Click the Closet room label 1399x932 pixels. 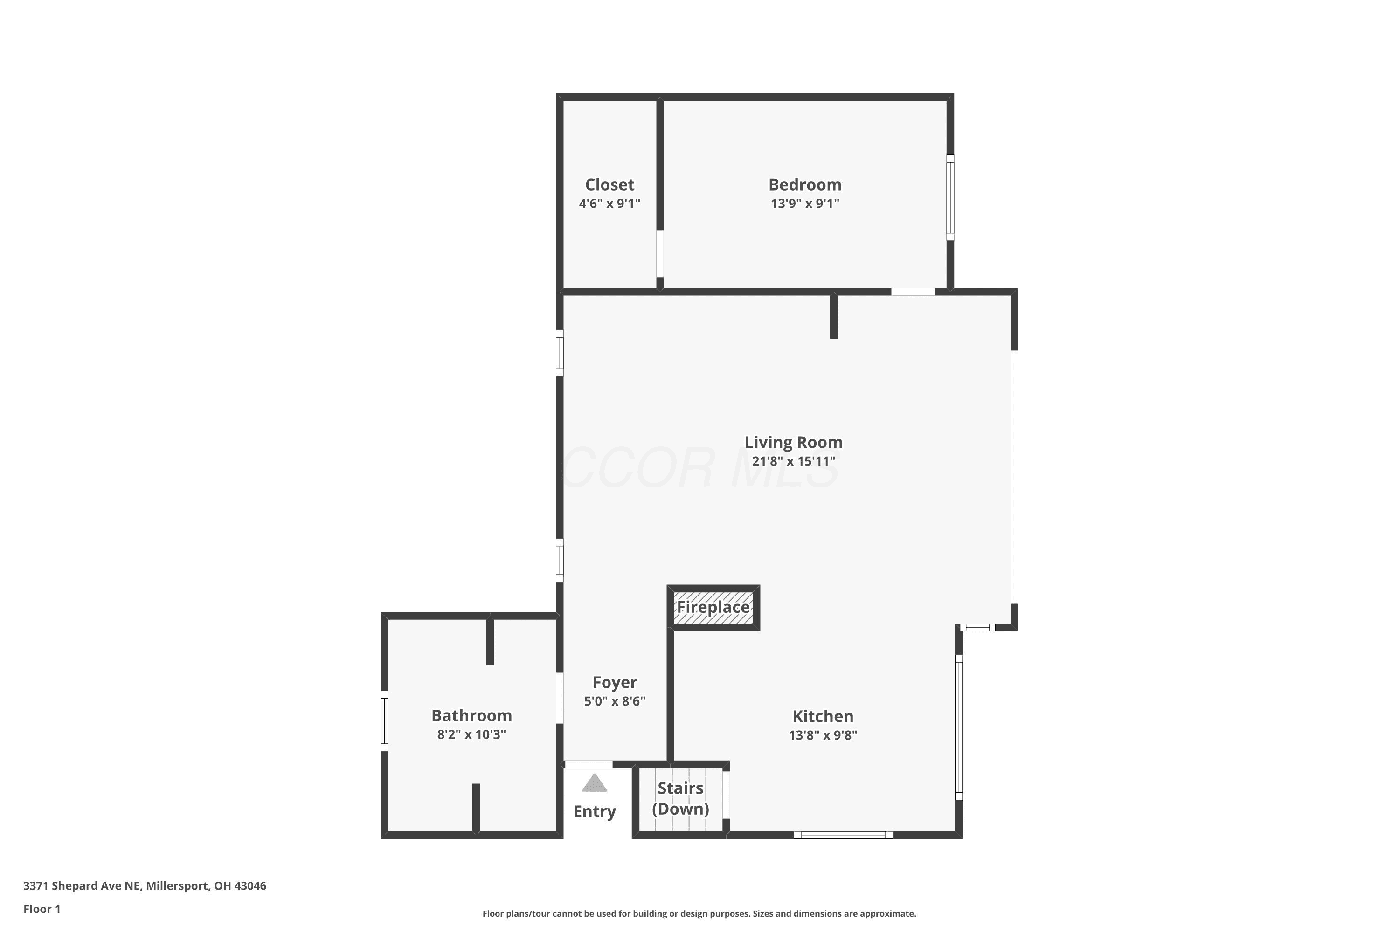click(x=609, y=185)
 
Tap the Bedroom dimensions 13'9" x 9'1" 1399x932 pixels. click(x=805, y=203)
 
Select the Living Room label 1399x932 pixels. click(x=794, y=442)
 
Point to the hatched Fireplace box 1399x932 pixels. click(x=713, y=608)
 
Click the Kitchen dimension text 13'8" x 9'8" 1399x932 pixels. click(x=823, y=735)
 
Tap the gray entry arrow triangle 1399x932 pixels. click(x=594, y=783)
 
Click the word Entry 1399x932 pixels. click(x=594, y=811)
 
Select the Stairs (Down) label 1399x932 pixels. click(x=680, y=798)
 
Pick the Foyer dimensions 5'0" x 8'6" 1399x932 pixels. click(x=615, y=701)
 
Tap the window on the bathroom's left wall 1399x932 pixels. click(x=384, y=720)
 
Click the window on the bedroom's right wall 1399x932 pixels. click(x=950, y=198)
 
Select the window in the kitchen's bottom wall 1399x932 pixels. click(x=844, y=835)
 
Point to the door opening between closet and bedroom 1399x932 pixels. click(x=660, y=254)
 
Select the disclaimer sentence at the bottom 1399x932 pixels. click(x=699, y=913)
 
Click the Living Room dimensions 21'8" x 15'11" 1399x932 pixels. click(x=794, y=461)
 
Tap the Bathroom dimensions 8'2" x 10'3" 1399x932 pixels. click(x=471, y=735)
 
